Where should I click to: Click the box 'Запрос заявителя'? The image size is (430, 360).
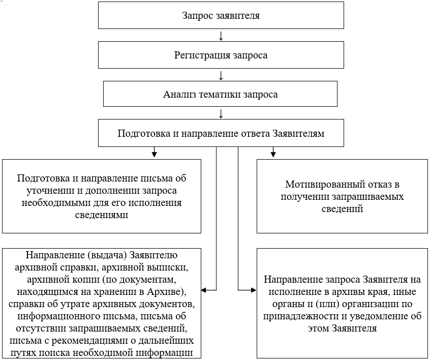[x=221, y=16]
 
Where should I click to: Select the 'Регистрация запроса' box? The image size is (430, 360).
[x=221, y=55]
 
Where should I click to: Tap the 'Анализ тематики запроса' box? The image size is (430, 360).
[x=221, y=94]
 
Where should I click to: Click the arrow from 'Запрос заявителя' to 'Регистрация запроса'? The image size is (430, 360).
[x=221, y=36]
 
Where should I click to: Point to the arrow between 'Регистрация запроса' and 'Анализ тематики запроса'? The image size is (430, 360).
[x=221, y=75]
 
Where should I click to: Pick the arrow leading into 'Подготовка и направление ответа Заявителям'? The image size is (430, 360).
[x=221, y=114]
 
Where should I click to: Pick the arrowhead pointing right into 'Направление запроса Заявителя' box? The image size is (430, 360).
[x=254, y=290]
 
